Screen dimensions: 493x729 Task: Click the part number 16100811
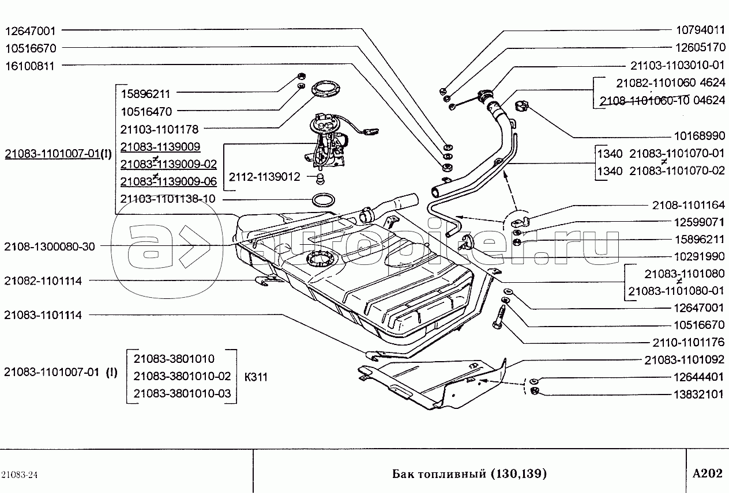(x=29, y=66)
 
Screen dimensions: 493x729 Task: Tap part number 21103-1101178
(x=160, y=130)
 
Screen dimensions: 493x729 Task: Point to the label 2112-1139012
(x=265, y=177)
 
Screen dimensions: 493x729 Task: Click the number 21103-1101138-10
(x=168, y=199)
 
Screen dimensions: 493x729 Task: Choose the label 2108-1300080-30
(x=49, y=246)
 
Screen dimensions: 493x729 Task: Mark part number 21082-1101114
(x=42, y=281)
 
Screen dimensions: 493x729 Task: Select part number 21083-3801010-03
(x=182, y=393)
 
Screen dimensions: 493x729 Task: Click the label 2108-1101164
(x=688, y=204)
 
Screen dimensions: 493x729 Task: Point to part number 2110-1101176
(x=688, y=342)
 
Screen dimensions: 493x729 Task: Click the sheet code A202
(x=707, y=473)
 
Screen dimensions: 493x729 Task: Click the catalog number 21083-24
(x=20, y=474)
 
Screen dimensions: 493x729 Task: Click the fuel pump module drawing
(x=327, y=138)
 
